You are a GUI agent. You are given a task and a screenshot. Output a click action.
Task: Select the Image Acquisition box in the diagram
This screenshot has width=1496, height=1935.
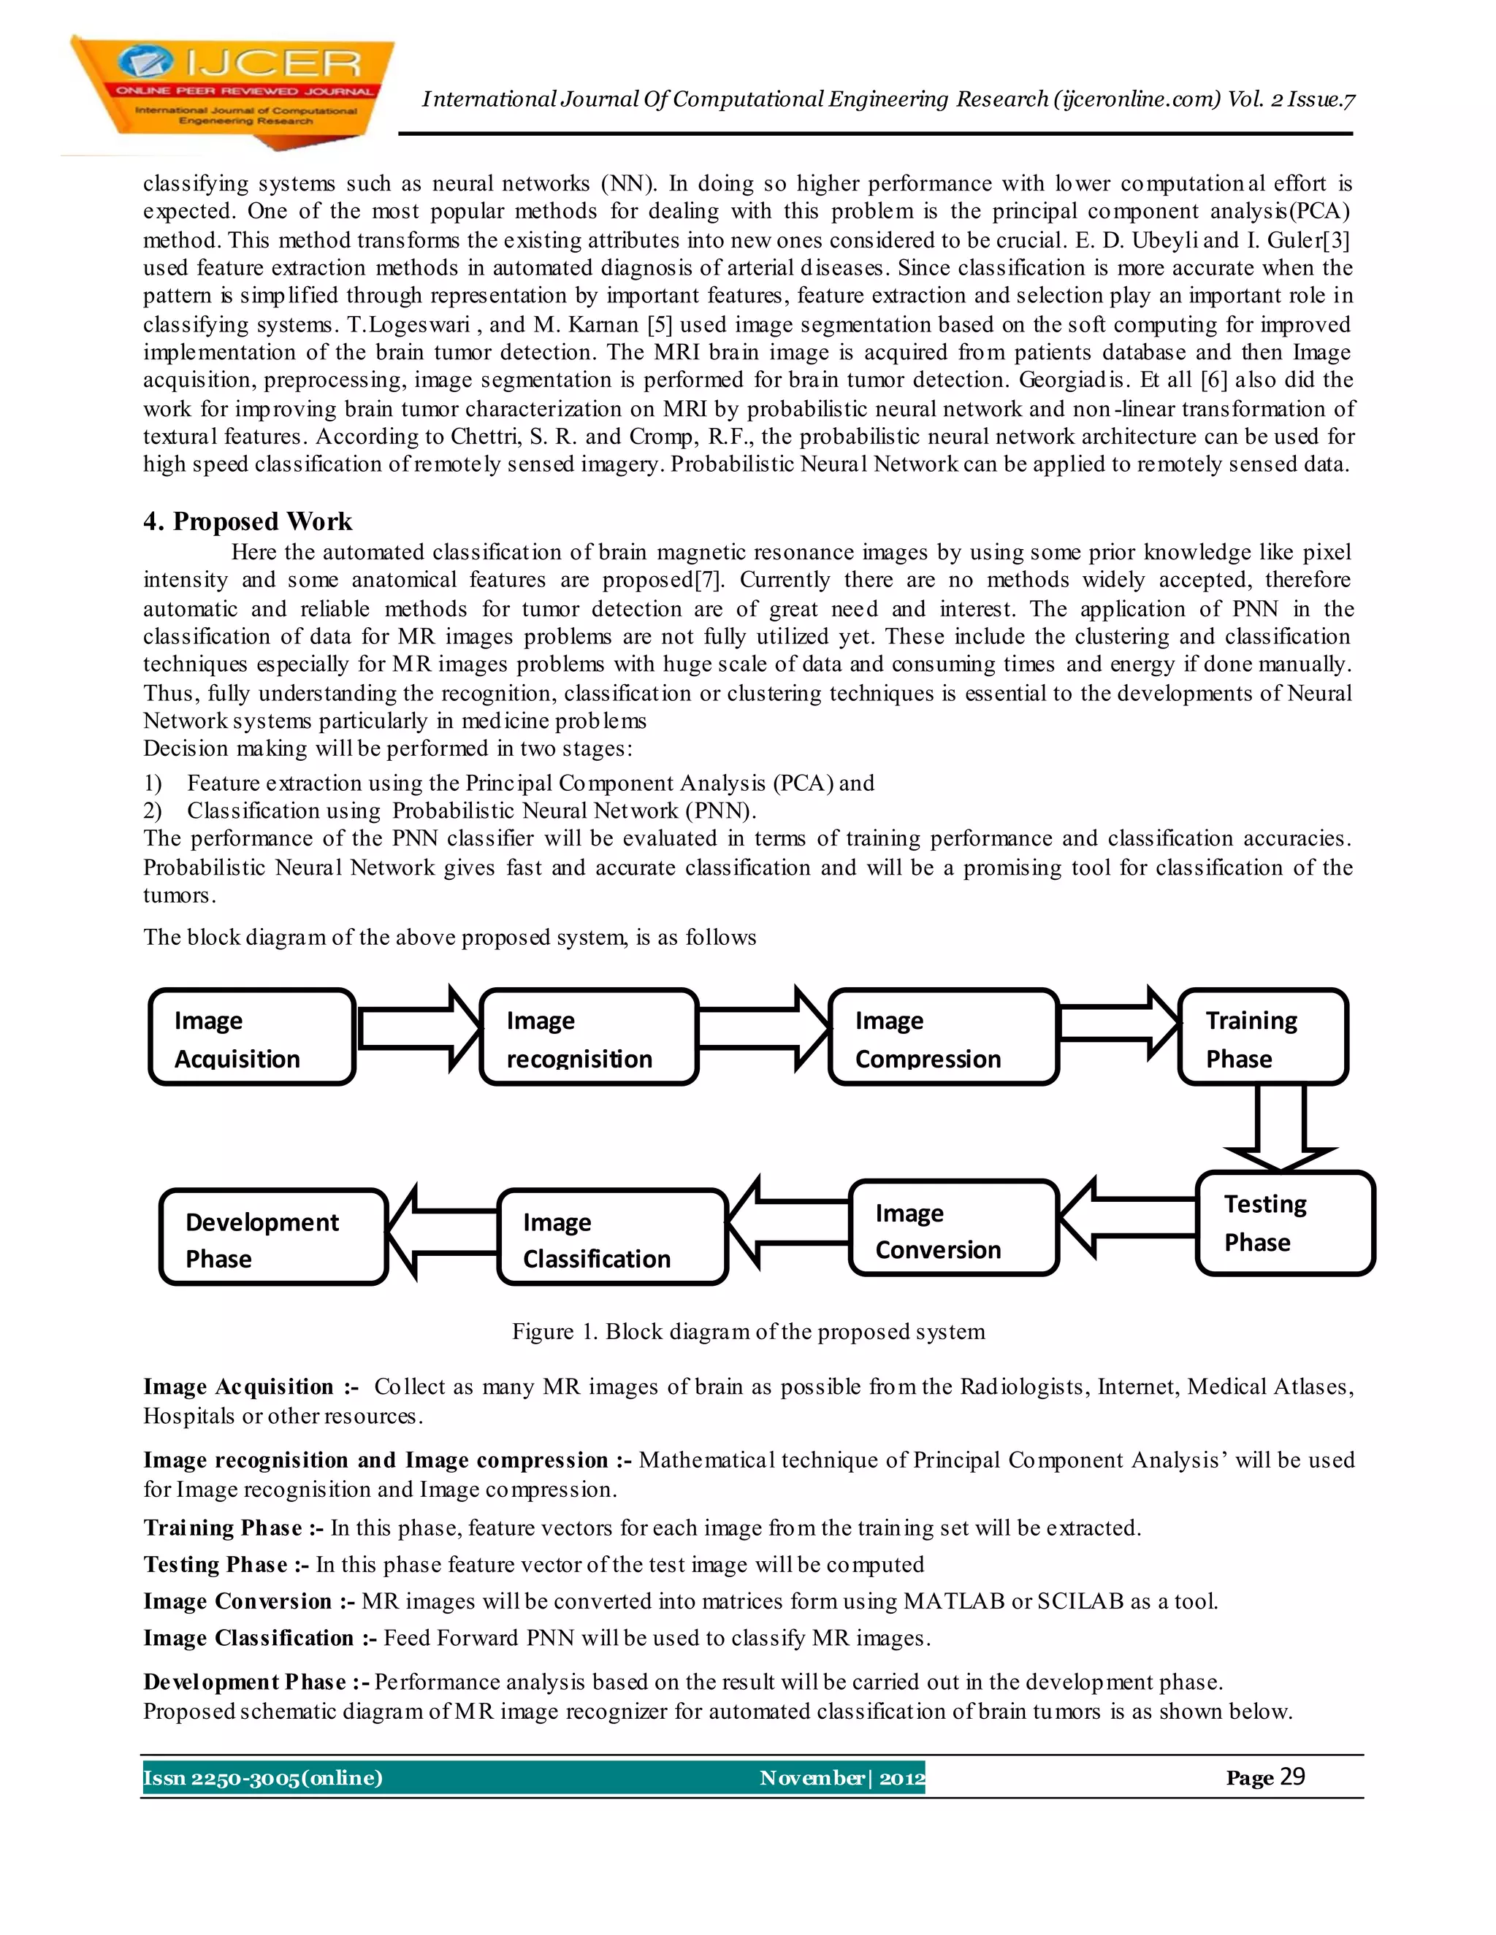click(253, 1038)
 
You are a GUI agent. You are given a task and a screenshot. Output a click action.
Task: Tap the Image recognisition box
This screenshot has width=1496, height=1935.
click(589, 1038)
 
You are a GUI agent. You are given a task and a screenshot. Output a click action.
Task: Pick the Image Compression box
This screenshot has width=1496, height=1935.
click(943, 1038)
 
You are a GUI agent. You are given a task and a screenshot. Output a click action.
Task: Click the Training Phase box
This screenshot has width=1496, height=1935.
click(1263, 1038)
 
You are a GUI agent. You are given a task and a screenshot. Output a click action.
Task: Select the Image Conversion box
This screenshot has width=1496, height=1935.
click(953, 1229)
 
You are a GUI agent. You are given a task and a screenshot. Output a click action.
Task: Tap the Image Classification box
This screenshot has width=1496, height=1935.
click(612, 1238)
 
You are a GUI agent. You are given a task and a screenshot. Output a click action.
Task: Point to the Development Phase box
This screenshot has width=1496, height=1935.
click(274, 1238)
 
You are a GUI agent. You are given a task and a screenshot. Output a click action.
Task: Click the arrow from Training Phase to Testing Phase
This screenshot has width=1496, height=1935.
click(1281, 1126)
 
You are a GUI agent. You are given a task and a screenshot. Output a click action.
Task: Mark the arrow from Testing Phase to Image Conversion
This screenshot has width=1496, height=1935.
click(1126, 1217)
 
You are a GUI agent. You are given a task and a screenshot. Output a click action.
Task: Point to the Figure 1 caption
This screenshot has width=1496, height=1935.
click(748, 1332)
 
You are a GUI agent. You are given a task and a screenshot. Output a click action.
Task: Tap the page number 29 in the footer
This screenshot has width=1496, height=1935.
click(1292, 1777)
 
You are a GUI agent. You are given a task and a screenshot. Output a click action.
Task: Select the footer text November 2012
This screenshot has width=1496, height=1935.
click(841, 1778)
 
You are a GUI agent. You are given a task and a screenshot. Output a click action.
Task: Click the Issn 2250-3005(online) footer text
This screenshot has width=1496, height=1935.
click(263, 1778)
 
